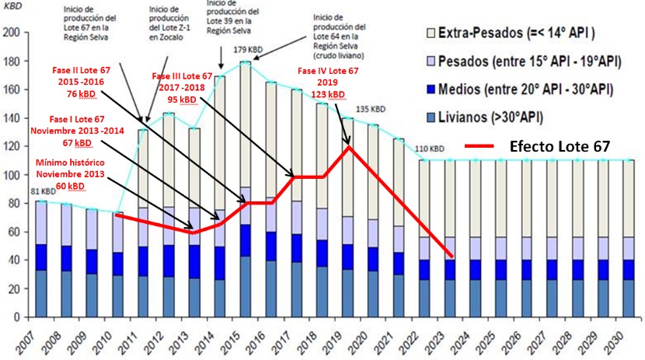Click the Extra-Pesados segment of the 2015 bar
point(246,124)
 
